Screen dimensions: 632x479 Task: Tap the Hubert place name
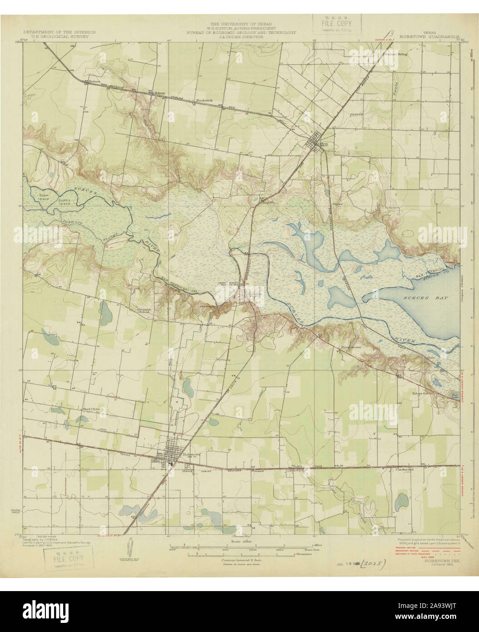click(x=94, y=81)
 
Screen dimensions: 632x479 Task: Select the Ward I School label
click(x=92, y=409)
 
